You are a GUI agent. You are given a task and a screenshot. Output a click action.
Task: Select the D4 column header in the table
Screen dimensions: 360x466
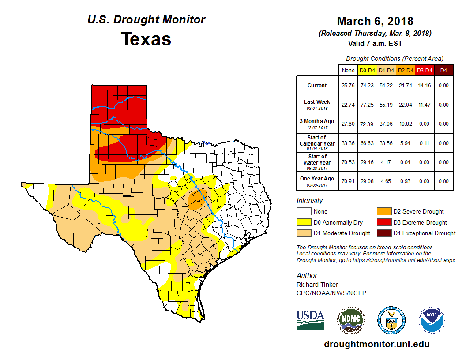coord(444,70)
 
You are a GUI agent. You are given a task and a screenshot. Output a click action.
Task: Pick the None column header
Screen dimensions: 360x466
coord(348,70)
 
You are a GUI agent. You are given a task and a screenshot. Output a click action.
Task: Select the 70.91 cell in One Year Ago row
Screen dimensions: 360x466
coord(348,181)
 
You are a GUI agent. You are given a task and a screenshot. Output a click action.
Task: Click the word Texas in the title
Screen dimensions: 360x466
coord(146,39)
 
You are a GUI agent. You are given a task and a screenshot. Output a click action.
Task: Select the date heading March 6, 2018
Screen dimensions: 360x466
coord(375,21)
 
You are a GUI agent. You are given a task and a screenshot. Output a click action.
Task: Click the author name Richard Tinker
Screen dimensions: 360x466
coord(317,285)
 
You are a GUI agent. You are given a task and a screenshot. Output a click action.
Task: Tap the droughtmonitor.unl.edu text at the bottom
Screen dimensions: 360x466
coord(376,344)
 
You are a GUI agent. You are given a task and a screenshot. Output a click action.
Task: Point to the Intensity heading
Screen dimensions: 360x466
coord(310,201)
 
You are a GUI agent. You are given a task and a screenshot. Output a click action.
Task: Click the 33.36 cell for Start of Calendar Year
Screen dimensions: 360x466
coord(348,143)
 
